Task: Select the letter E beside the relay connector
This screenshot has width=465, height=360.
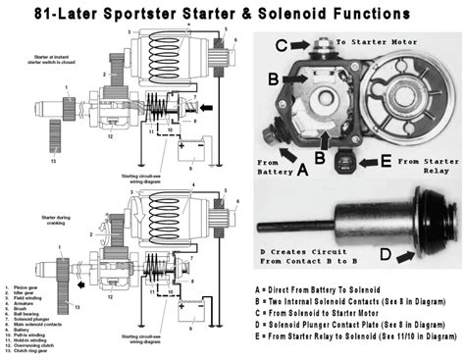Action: (x=385, y=159)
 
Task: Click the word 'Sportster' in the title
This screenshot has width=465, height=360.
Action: (x=147, y=13)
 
